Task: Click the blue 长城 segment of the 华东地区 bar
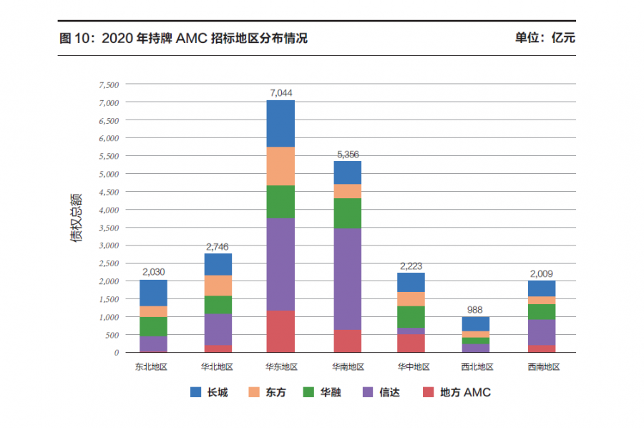click(x=280, y=123)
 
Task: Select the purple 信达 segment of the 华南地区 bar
click(x=347, y=279)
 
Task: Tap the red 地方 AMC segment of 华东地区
click(x=280, y=331)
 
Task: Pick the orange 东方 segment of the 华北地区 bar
click(x=218, y=285)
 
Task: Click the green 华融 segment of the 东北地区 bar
click(x=153, y=326)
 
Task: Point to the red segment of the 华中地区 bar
click(x=411, y=343)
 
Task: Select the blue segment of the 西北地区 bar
click(x=476, y=324)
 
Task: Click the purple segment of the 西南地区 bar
click(x=542, y=332)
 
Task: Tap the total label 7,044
click(x=280, y=93)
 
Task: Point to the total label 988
click(x=476, y=310)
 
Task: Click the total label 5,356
click(x=347, y=154)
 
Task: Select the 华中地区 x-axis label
click(x=411, y=366)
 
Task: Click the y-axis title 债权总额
click(x=77, y=218)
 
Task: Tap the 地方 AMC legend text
click(x=465, y=392)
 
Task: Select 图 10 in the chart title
click(x=76, y=38)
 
